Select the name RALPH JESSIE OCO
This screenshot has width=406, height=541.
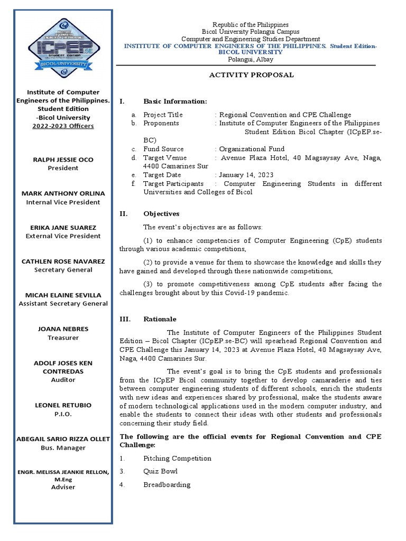click(63, 160)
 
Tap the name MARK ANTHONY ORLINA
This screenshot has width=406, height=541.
click(63, 193)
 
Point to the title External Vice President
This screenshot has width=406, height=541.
click(63, 236)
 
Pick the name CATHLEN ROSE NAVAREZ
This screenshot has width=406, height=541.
click(63, 261)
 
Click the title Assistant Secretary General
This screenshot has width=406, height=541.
click(63, 304)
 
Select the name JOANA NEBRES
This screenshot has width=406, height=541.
click(63, 329)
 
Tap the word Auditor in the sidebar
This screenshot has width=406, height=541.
click(63, 379)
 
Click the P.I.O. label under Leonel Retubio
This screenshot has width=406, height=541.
click(63, 414)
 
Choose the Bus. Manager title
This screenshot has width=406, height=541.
click(63, 447)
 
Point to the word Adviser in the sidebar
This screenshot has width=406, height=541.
click(63, 487)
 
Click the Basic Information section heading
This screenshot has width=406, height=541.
click(175, 101)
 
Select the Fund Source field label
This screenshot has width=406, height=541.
click(163, 149)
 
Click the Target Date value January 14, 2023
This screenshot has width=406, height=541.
click(246, 175)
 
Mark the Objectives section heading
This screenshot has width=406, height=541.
click(161, 214)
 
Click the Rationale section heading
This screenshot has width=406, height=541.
click(160, 319)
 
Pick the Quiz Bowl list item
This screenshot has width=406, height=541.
click(160, 471)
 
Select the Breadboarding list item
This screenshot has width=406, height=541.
click(167, 484)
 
